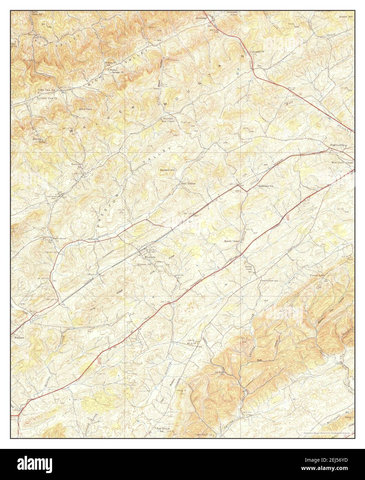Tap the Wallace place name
point(19,337)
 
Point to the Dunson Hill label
point(168,170)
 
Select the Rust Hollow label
point(188,184)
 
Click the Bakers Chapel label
point(231,241)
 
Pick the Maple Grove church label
point(59,239)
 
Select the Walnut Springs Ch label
point(117,71)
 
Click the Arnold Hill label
point(346,16)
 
